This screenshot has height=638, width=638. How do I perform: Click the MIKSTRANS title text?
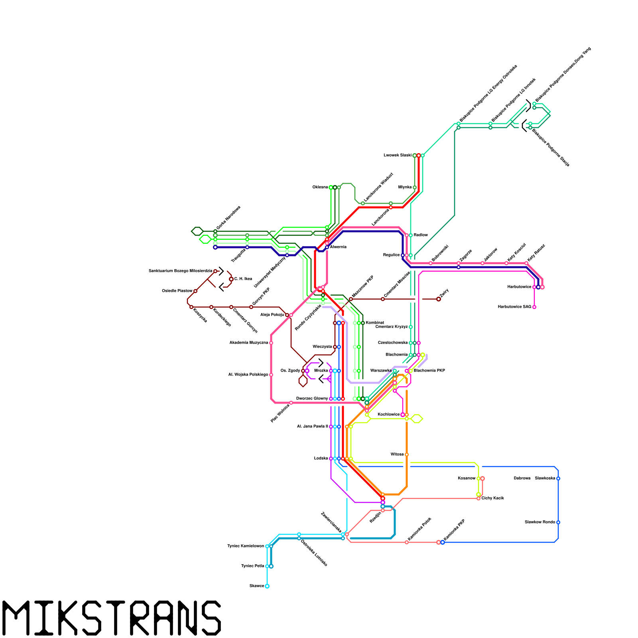[112, 618]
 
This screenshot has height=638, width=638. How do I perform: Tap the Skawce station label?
[257, 586]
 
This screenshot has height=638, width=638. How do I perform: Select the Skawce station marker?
[267, 586]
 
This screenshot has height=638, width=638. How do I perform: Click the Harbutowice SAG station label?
[514, 307]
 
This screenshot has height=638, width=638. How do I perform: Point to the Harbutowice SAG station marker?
[534, 307]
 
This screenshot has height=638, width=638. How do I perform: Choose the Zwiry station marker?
[439, 299]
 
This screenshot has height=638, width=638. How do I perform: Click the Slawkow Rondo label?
[540, 522]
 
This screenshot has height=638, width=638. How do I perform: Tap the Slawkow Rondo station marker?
[558, 522]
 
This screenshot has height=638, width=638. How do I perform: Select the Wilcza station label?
[397, 454]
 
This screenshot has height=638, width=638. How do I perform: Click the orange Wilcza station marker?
[407, 455]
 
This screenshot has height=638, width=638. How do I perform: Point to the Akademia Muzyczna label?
[249, 343]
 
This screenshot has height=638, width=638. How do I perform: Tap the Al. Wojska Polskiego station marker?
[271, 375]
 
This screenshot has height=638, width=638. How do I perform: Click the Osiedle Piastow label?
[177, 291]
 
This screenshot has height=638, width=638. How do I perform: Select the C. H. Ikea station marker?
[231, 279]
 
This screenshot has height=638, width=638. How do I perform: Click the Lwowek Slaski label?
[398, 155]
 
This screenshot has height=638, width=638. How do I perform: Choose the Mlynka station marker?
[415, 187]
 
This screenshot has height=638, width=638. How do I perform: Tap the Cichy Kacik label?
[493, 498]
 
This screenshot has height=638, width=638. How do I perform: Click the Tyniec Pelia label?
[253, 566]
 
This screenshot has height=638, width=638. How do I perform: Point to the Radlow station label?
[421, 235]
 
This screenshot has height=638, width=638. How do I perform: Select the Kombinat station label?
[375, 323]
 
